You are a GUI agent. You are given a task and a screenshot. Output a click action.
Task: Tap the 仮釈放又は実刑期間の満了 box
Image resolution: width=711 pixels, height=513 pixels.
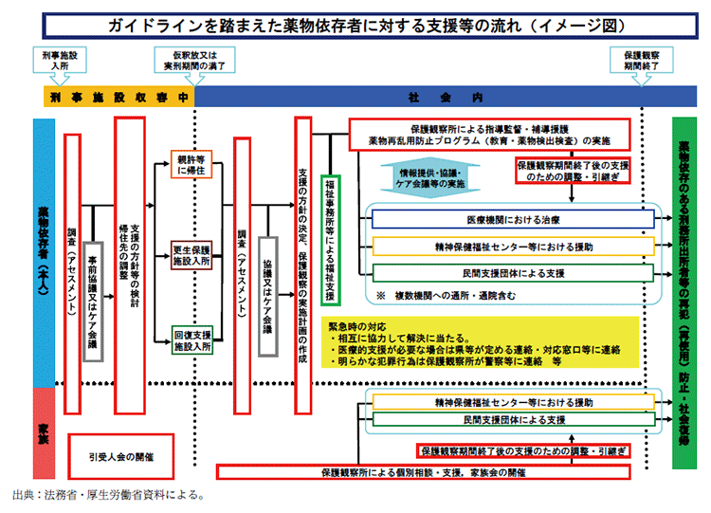(x=194, y=63)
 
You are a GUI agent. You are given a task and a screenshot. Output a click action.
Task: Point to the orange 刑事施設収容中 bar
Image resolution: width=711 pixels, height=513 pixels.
(x=118, y=97)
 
